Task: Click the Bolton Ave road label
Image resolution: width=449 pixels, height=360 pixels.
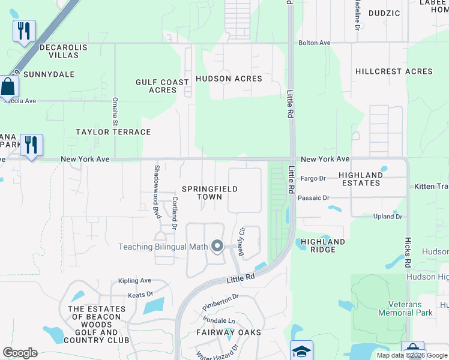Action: pos(315,43)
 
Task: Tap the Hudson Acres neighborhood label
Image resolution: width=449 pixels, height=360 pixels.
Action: pos(229,79)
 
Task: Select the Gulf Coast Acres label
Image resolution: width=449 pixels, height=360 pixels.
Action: pos(162,86)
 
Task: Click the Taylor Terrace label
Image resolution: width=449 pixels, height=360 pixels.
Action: pos(113,131)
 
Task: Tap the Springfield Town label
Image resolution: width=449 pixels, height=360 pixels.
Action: pos(210,193)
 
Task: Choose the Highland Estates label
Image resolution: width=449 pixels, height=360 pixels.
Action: pos(361,179)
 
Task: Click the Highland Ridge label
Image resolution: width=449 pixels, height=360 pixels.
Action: pos(323,245)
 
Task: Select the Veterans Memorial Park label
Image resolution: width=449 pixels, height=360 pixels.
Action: pos(406,308)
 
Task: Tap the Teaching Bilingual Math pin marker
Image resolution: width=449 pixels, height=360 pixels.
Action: pos(217,247)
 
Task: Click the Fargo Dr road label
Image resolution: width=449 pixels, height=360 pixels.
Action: pos(313,178)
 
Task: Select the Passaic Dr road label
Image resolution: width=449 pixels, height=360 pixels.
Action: pos(313,197)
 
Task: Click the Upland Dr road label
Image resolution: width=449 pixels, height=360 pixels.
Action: pos(387,217)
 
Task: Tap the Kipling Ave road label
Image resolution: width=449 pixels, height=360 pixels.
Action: pos(134,280)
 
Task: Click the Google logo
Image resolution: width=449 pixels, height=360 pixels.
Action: pos(20,353)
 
